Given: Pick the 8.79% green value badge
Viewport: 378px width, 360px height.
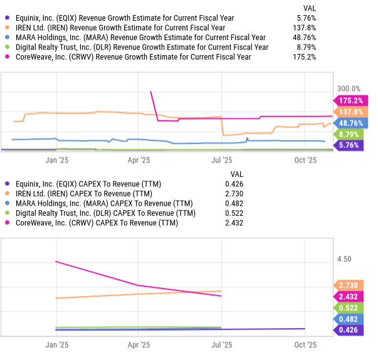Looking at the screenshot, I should (349, 134).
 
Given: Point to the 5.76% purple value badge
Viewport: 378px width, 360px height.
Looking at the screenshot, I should (349, 146).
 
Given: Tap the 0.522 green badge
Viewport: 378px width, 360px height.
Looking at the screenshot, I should (348, 308).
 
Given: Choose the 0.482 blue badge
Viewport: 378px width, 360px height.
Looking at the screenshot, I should (348, 319).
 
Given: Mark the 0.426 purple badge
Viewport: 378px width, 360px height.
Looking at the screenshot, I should (348, 331).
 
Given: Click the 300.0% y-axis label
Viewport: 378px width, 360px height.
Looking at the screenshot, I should (349, 89).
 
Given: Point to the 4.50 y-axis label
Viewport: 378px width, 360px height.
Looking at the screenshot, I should (344, 259).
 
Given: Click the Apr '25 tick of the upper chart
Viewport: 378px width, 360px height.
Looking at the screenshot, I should (139, 160).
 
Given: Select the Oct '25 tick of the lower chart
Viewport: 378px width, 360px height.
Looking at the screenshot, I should (305, 345).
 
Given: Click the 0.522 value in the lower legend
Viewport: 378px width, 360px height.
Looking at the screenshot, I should (234, 214).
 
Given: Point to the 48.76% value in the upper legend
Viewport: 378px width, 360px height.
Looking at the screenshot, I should (303, 38).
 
